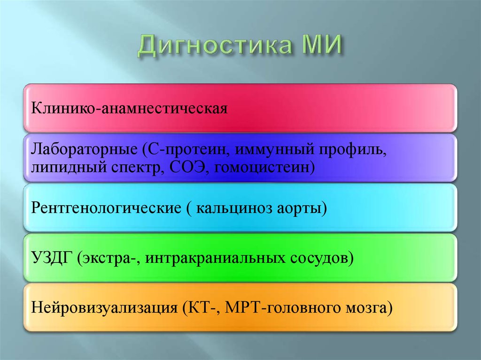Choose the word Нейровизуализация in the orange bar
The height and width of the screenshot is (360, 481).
click(103, 308)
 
